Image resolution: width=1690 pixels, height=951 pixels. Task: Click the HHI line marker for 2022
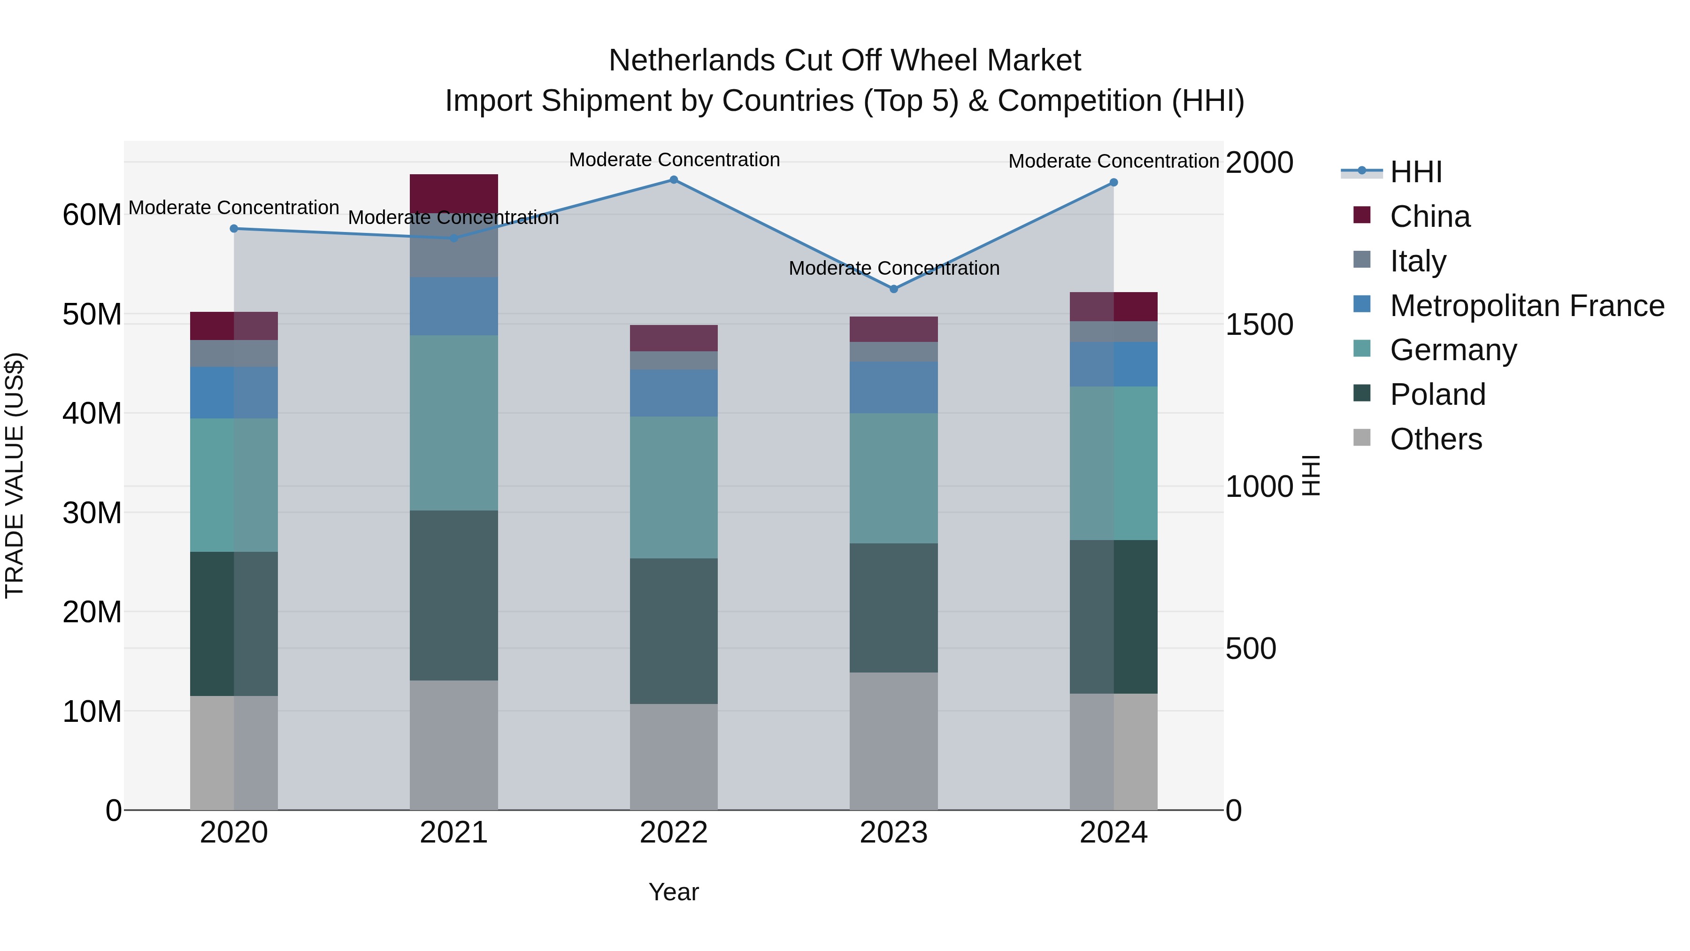[x=673, y=180]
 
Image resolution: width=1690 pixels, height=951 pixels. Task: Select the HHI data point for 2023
[x=893, y=289]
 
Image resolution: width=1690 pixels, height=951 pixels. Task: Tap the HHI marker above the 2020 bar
[x=234, y=228]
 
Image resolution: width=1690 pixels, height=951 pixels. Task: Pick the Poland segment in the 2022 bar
[x=673, y=631]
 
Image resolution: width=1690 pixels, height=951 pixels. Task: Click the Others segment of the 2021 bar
[x=453, y=744]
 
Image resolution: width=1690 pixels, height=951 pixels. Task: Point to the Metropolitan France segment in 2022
[x=673, y=393]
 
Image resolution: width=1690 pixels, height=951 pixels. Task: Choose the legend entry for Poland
[x=1437, y=394]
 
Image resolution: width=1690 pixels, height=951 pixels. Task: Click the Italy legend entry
[x=1417, y=261]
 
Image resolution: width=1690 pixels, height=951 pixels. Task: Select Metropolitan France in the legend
[x=1526, y=306]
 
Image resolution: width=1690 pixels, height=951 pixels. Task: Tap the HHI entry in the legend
[x=1415, y=172]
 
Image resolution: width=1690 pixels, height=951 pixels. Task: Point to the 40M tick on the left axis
[x=92, y=413]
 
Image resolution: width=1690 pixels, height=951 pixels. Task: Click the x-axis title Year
[x=673, y=892]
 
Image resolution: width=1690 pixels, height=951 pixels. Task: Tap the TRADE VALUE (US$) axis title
[x=15, y=475]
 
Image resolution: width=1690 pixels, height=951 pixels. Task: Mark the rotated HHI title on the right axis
[x=1310, y=475]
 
